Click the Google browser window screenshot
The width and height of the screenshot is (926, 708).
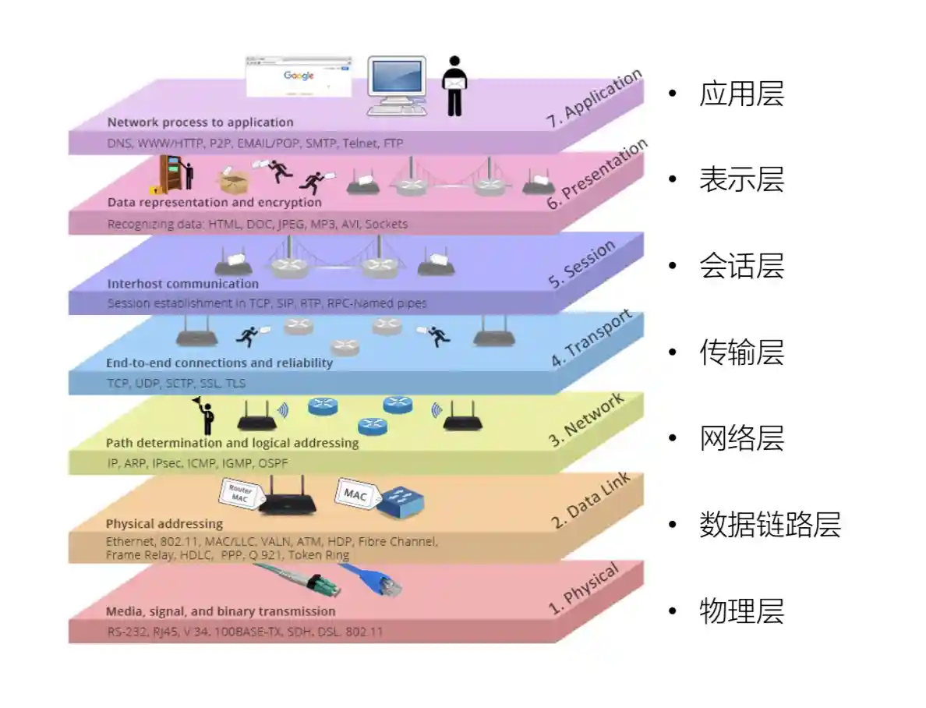coord(299,76)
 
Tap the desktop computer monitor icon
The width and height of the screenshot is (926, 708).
coord(397,84)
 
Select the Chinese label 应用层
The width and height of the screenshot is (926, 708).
coord(741,94)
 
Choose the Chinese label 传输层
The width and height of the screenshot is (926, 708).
coord(741,352)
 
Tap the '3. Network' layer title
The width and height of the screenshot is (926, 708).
coord(586,420)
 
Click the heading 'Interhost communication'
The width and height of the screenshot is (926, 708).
coord(182,284)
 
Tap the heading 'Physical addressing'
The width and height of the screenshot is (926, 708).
coord(164,523)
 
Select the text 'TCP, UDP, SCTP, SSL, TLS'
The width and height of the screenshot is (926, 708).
coord(176,384)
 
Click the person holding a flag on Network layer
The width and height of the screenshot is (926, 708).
coord(205,416)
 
